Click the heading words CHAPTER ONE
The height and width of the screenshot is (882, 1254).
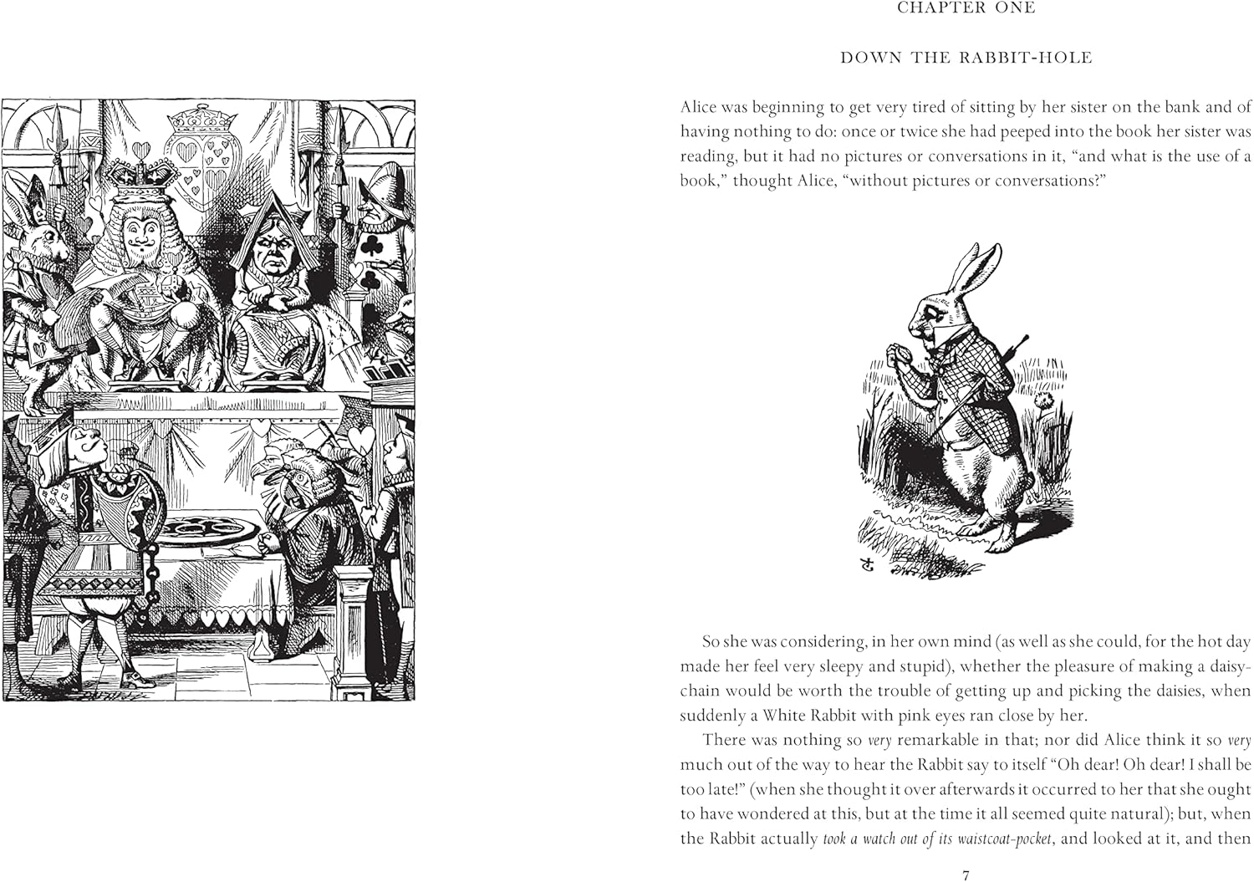966,8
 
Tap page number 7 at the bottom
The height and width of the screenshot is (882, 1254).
966,875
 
